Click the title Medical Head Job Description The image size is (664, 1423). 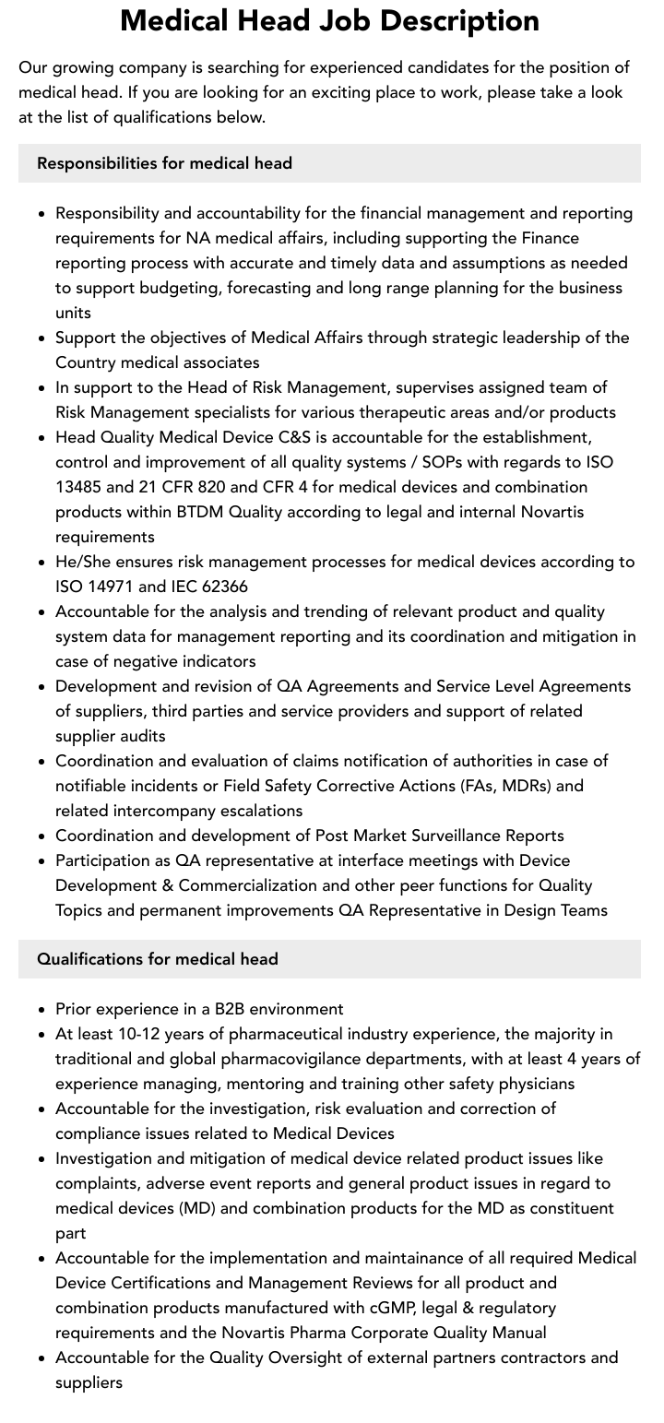(x=330, y=20)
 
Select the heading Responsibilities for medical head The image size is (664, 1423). (x=164, y=163)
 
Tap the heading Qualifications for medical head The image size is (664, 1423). (x=157, y=959)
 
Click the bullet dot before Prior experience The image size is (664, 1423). (x=42, y=1010)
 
